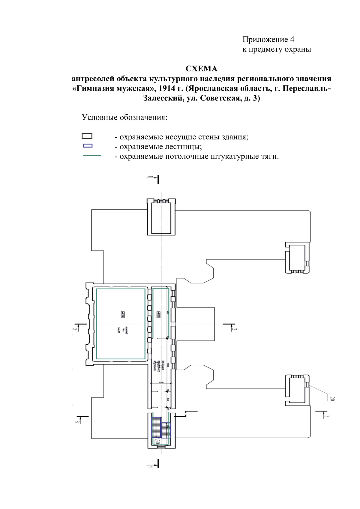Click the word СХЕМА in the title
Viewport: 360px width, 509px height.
pos(201,69)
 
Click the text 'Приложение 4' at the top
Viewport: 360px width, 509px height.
pos(268,39)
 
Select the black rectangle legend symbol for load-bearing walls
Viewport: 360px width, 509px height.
pos(87,136)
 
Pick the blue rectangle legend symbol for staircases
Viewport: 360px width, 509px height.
pos(88,146)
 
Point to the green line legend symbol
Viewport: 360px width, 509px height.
pos(92,156)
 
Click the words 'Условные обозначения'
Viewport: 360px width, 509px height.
pos(124,117)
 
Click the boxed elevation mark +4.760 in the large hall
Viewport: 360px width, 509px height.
pos(122,314)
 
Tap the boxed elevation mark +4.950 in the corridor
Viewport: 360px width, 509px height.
pos(158,314)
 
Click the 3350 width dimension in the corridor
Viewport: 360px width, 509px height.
pos(161,383)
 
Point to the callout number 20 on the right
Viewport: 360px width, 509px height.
pos(332,399)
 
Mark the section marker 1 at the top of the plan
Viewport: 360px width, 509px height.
pos(151,178)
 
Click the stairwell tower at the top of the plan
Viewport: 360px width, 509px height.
pos(161,217)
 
